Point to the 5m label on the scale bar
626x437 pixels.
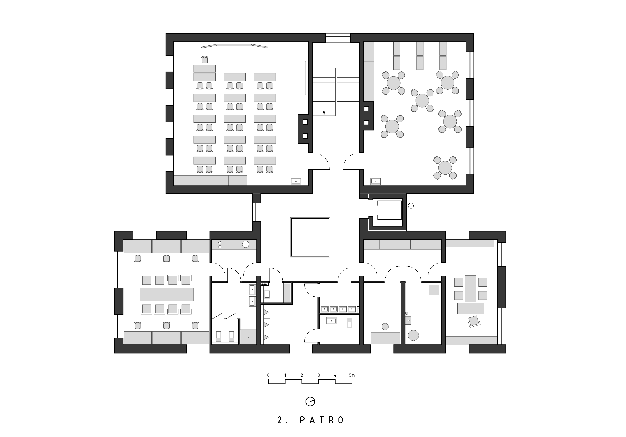pyautogui.click(x=352, y=375)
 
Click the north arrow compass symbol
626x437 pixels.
pyautogui.click(x=310, y=401)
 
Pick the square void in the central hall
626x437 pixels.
pyautogui.click(x=310, y=237)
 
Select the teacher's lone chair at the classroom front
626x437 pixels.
pyautogui.click(x=205, y=60)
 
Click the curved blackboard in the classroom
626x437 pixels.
pyautogui.click(x=235, y=46)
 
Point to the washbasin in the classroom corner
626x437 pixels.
pyautogui.click(x=296, y=181)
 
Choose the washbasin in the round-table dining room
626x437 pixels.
pyautogui.click(x=375, y=181)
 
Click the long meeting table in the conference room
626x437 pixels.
pyautogui.click(x=167, y=294)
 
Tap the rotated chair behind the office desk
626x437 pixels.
pyautogui.click(x=474, y=321)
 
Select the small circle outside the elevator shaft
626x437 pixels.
pyautogui.click(x=411, y=206)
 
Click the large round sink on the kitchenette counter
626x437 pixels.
pyautogui.click(x=246, y=244)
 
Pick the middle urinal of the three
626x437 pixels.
pyautogui.click(x=266, y=325)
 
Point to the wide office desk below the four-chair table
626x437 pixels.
pyautogui.click(x=471, y=308)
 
